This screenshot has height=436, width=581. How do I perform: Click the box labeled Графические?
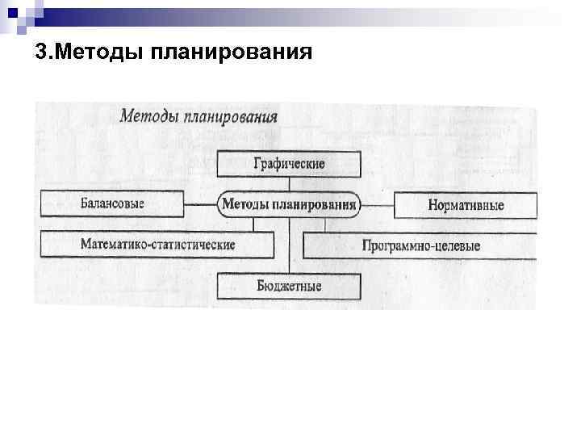[x=288, y=164]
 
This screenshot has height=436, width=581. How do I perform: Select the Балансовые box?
[x=111, y=204]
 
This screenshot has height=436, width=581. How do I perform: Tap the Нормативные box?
[x=465, y=205]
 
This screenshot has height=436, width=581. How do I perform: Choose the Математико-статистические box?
[x=157, y=244]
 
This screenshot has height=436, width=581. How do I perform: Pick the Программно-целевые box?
[x=420, y=245]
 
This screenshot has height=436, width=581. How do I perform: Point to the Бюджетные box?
[x=288, y=286]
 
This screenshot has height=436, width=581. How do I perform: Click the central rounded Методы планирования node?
[x=288, y=204]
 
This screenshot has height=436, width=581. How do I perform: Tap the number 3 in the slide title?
[x=40, y=53]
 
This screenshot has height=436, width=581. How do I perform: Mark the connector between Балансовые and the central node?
[x=200, y=204]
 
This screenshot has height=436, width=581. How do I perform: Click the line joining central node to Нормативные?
[x=377, y=204]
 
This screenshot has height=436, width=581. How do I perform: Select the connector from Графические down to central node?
[x=288, y=184]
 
